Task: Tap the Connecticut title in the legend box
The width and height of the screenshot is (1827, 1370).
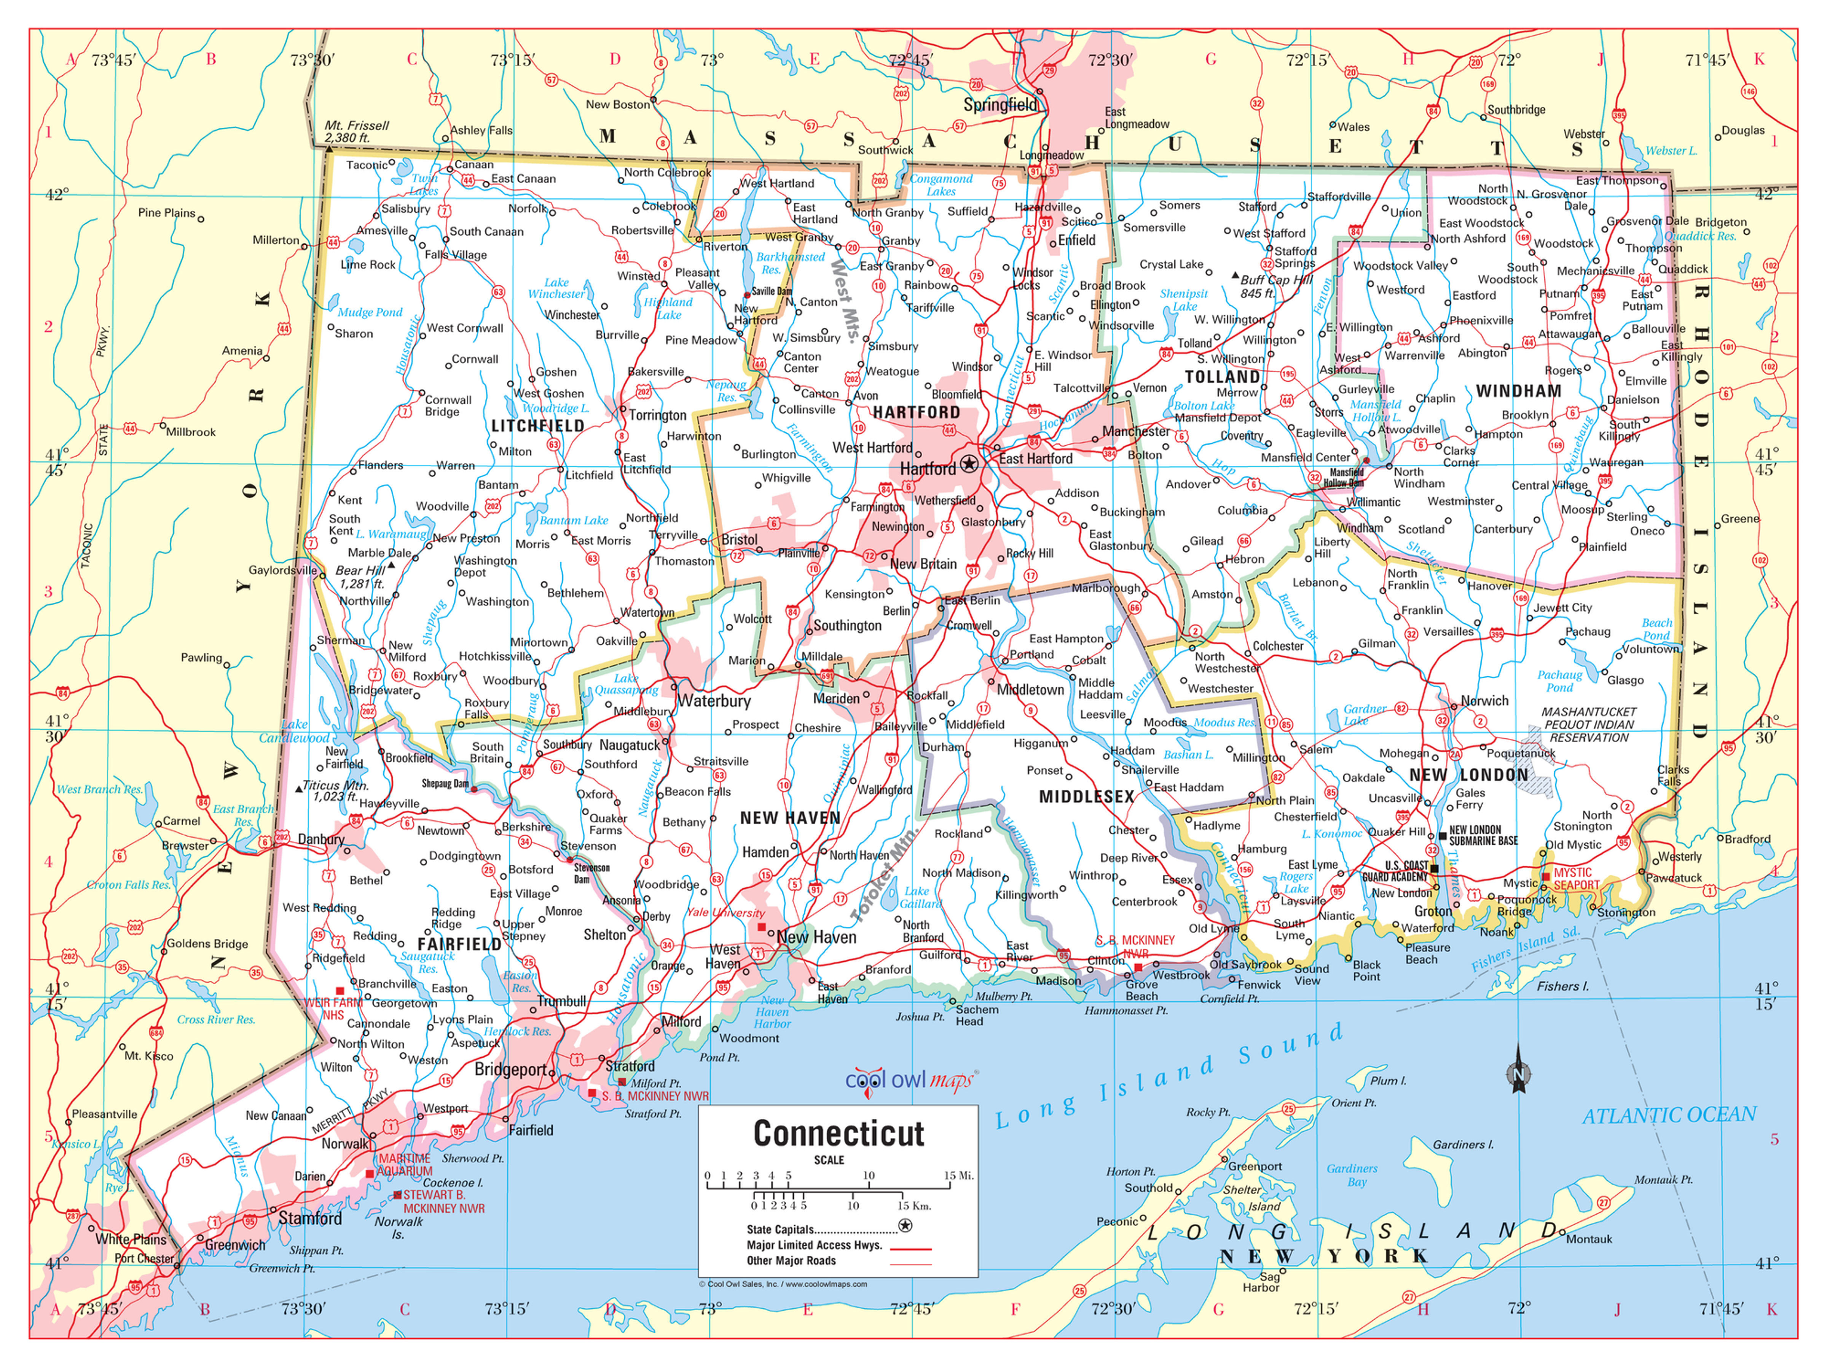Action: (x=839, y=1134)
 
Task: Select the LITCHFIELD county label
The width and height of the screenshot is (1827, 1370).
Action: (x=538, y=426)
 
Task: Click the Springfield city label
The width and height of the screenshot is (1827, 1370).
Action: (x=1000, y=105)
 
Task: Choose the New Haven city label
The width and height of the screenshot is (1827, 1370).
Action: (x=816, y=937)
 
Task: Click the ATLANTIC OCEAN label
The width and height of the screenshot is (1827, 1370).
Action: (x=1668, y=1116)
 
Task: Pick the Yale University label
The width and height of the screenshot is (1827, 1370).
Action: (x=725, y=913)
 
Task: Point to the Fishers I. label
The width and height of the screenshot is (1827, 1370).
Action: (x=1562, y=986)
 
